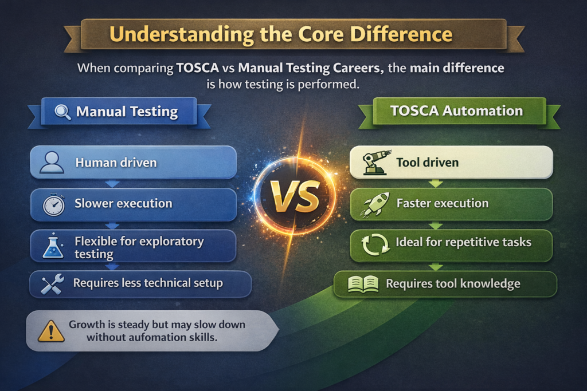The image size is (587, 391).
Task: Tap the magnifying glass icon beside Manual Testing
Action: (62, 112)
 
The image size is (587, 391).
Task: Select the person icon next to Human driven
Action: (52, 163)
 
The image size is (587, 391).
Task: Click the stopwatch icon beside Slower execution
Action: (53, 204)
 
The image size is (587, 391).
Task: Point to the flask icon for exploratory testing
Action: (53, 247)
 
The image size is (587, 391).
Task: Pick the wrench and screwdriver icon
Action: (52, 285)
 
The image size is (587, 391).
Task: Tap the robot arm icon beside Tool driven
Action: (375, 163)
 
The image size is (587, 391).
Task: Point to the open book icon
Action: (363, 284)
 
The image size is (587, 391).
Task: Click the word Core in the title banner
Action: (316, 34)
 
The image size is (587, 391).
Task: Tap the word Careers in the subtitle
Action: (355, 69)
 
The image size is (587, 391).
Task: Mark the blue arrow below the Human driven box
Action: (113, 184)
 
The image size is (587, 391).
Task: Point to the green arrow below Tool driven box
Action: (436, 184)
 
